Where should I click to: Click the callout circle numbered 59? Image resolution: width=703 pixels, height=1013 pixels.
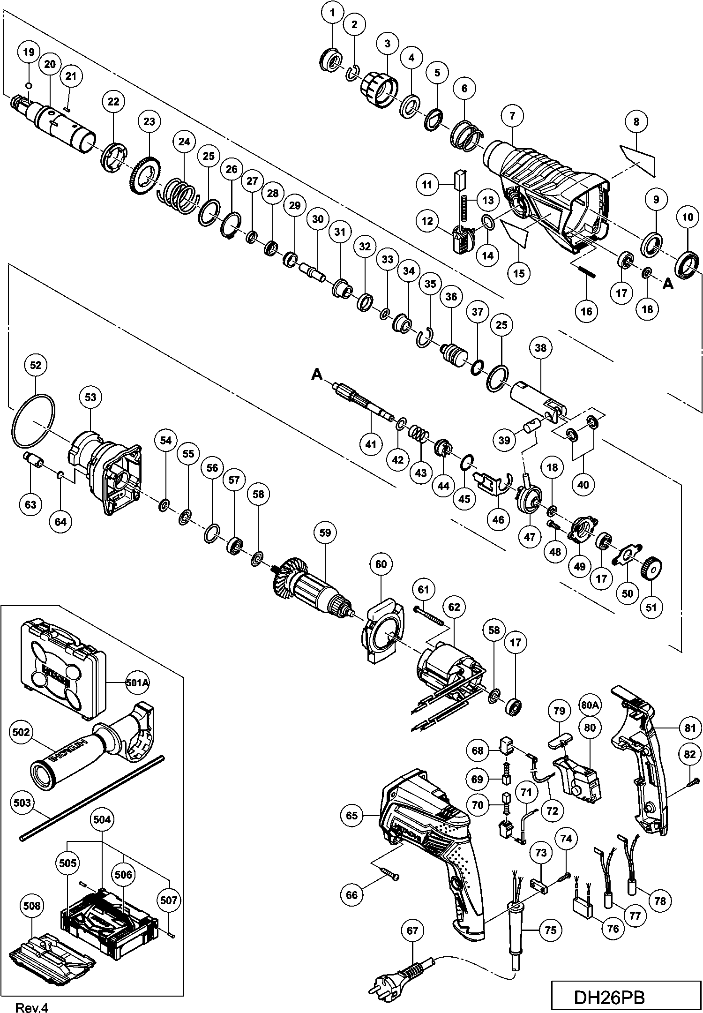(x=325, y=533)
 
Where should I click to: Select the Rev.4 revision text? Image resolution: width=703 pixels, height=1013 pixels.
(x=31, y=1005)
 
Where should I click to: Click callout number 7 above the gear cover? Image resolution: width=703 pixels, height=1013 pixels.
(x=512, y=115)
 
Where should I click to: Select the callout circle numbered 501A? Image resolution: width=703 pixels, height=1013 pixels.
(x=137, y=683)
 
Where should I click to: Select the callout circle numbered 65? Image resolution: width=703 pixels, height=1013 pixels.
(x=352, y=815)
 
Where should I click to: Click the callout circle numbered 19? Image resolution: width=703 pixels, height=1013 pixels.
(x=29, y=52)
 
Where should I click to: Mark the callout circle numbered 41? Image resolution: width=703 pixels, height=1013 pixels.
(x=371, y=444)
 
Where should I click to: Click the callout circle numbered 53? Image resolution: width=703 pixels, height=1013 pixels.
(x=90, y=397)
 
